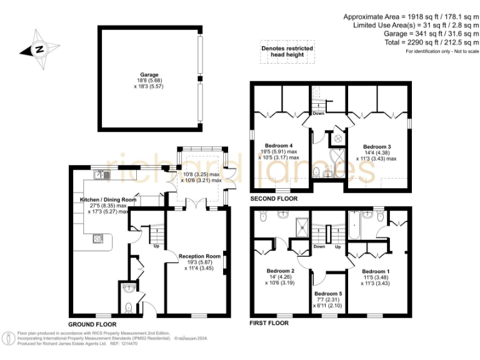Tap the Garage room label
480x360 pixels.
tap(149, 74)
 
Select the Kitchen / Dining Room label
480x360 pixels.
tap(103, 199)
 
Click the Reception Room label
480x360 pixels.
tap(199, 256)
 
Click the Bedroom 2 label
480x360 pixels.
tap(280, 271)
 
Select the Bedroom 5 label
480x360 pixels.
tap(328, 294)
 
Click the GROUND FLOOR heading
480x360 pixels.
tap(92, 324)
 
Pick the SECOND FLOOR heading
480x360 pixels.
tap(274, 199)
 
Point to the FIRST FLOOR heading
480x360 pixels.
tap(269, 323)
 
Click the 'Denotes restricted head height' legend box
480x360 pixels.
tap(287, 51)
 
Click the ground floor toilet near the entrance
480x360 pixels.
tap(128, 307)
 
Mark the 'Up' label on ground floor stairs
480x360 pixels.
tap(156, 246)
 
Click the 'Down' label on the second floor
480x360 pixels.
tap(319, 114)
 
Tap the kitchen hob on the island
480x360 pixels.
tap(98, 237)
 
